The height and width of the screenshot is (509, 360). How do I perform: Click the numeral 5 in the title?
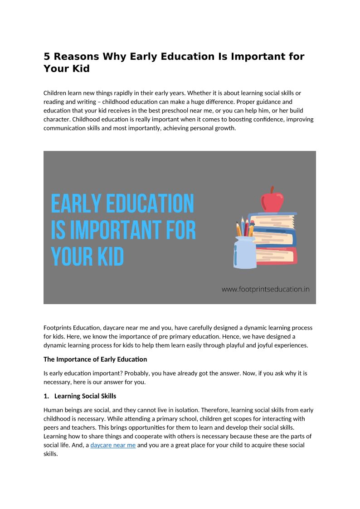click(47, 57)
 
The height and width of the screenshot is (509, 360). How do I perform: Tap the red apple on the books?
click(272, 201)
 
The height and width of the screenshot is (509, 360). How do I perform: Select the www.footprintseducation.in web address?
click(265, 289)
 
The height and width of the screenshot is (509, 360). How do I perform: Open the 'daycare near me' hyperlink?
click(113, 445)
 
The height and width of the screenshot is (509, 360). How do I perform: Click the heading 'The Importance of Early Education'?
click(95, 359)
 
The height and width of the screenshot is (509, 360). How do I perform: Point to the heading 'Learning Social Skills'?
click(85, 396)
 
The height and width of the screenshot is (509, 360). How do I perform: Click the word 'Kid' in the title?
click(80, 69)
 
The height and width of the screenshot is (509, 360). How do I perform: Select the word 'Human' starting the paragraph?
click(53, 410)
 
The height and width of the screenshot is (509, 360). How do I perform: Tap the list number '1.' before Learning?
click(46, 396)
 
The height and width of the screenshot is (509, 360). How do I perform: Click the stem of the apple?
click(272, 189)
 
